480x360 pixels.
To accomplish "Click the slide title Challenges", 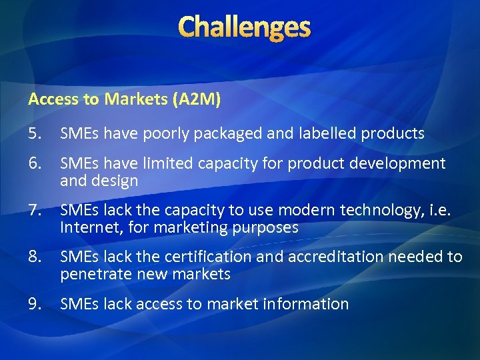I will point(245,27).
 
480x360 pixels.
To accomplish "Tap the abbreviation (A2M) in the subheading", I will point(196,99).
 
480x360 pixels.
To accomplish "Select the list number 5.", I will point(35,133).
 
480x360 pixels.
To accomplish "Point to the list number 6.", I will point(35,163).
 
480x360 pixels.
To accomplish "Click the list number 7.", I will point(35,210).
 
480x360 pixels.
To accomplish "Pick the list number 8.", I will point(35,257).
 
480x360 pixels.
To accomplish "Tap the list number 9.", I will point(35,304).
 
